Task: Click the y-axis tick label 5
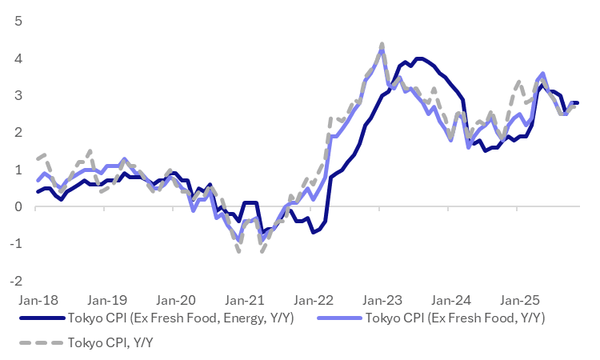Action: point(18,22)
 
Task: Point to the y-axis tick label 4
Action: point(18,58)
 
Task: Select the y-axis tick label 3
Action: point(18,95)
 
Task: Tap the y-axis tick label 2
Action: point(18,132)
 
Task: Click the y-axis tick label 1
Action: point(18,170)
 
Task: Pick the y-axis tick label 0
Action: point(18,206)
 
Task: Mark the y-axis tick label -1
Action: point(15,243)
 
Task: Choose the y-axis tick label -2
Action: point(15,281)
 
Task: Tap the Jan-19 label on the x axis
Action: point(106,301)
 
